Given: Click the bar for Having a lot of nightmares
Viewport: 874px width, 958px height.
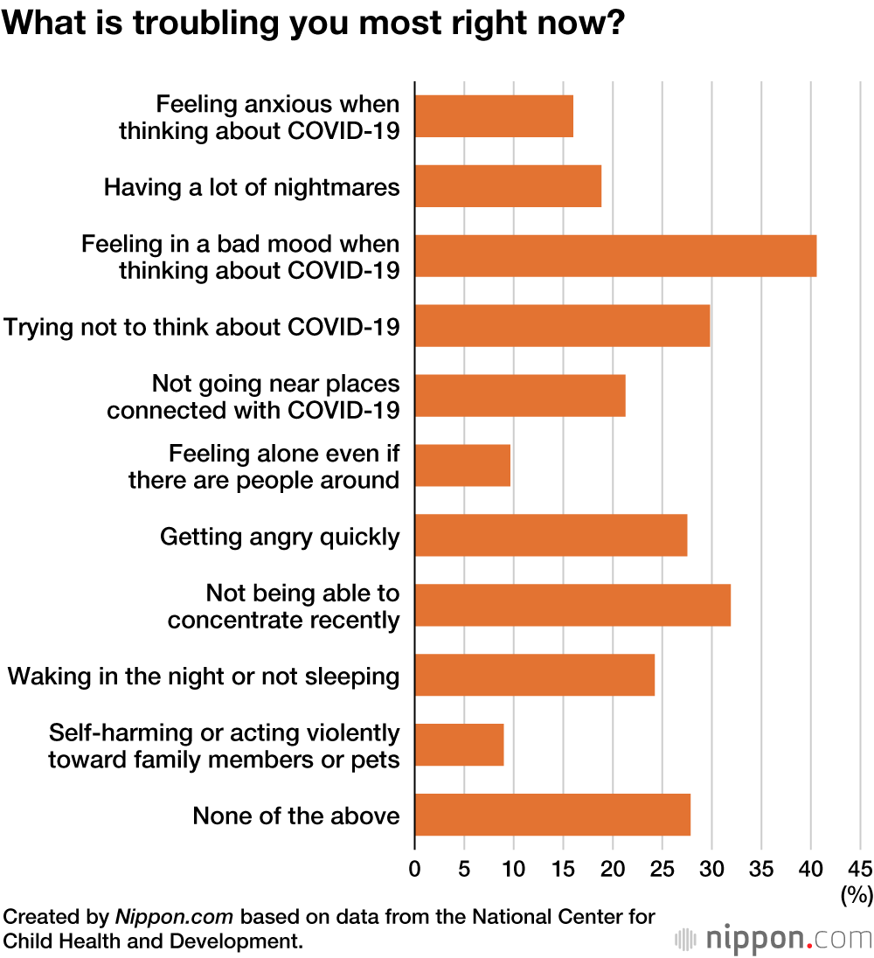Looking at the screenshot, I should click(x=508, y=186).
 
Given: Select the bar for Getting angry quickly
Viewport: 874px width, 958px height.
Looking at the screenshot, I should click(x=551, y=536).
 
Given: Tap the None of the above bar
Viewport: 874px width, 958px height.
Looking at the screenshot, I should click(x=552, y=816).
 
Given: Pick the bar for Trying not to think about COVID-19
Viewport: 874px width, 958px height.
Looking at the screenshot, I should click(x=562, y=326).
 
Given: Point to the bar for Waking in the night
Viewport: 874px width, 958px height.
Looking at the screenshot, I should click(x=534, y=676).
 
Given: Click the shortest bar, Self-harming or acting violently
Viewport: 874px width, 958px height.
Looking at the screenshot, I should click(x=459, y=746).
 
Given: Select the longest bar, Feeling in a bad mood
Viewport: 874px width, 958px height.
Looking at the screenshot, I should click(x=615, y=256).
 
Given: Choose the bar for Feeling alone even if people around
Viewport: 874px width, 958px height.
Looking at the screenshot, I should click(x=462, y=466).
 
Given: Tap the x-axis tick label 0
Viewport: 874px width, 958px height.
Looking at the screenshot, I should click(x=414, y=869).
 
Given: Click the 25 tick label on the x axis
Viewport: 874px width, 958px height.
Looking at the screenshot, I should click(x=662, y=869).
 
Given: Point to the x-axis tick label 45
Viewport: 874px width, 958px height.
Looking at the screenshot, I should click(x=860, y=869).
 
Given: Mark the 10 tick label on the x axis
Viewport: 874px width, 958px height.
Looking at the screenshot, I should click(x=513, y=869).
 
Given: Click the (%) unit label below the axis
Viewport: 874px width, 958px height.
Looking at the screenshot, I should click(x=857, y=894).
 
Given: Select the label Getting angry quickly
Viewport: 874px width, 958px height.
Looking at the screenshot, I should click(x=280, y=537).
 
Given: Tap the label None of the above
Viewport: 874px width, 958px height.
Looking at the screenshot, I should click(x=296, y=816).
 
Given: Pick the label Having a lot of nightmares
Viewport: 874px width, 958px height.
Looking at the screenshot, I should click(x=252, y=187).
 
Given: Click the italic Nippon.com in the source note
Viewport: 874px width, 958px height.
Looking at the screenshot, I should click(x=175, y=918).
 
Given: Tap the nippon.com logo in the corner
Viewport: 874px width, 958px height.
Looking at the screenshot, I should click(x=773, y=939).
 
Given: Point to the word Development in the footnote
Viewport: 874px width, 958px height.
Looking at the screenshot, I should click(x=225, y=941).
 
